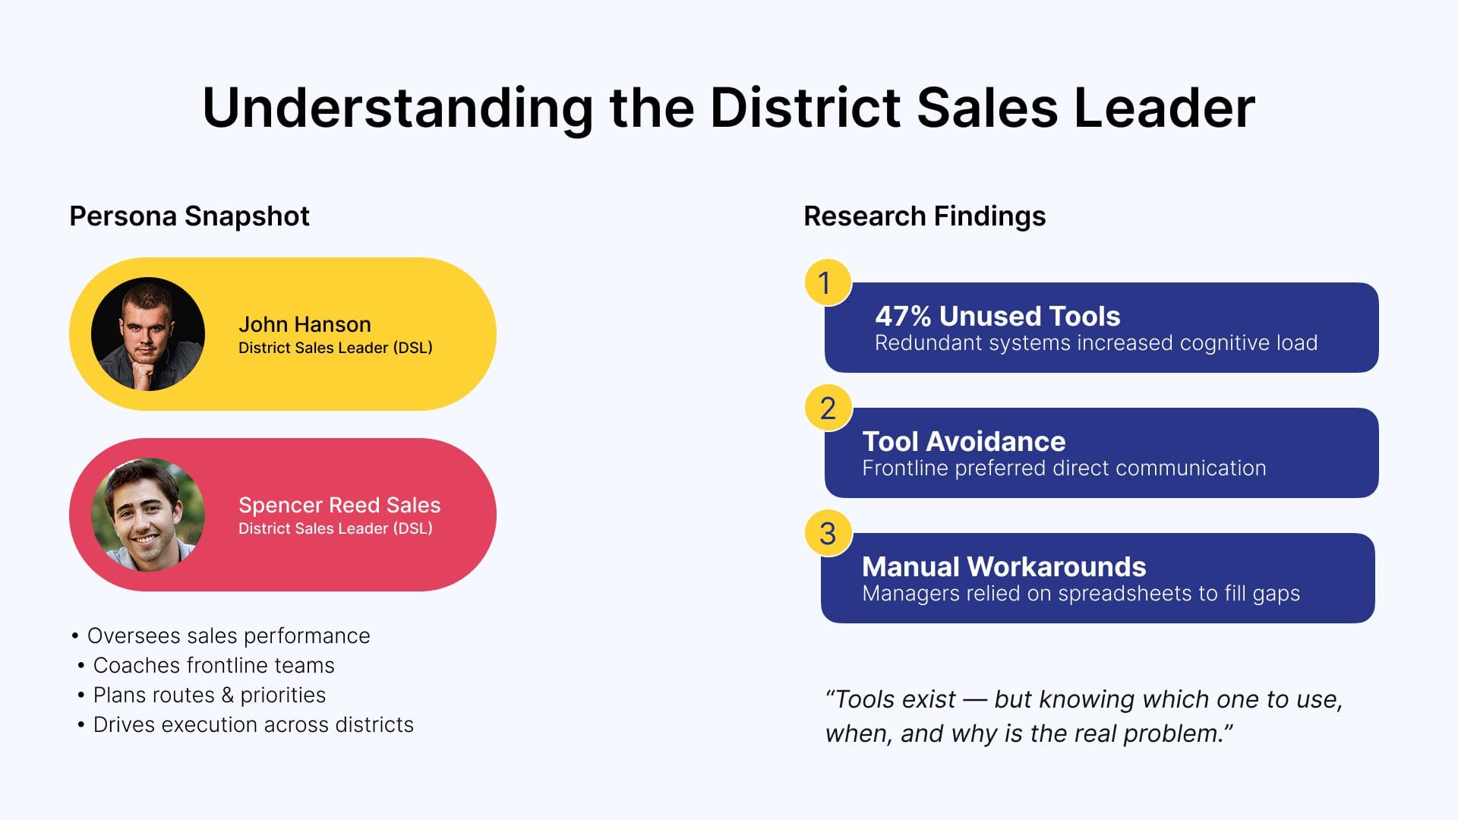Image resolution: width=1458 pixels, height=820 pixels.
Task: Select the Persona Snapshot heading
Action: (x=189, y=216)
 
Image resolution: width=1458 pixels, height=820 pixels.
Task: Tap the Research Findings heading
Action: (x=925, y=216)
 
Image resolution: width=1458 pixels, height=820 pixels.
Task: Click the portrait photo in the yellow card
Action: (x=148, y=334)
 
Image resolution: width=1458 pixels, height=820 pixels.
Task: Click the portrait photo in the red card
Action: (x=148, y=514)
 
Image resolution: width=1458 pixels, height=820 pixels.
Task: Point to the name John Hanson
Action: (x=305, y=324)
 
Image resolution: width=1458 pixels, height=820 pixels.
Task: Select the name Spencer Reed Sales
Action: (x=339, y=505)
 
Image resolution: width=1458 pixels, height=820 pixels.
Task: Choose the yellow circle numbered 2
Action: (x=828, y=408)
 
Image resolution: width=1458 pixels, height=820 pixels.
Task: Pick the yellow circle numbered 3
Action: (x=828, y=533)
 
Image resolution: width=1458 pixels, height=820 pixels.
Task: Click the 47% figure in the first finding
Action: (x=903, y=316)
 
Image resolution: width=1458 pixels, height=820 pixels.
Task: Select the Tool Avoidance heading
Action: (x=964, y=441)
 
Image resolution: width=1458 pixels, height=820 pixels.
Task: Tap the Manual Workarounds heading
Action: (x=1004, y=566)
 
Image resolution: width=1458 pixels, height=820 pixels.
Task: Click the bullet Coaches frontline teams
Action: (x=206, y=665)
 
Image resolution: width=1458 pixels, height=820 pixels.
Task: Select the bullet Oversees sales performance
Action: (x=220, y=635)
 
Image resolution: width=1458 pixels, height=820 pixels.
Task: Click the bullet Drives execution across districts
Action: (x=245, y=724)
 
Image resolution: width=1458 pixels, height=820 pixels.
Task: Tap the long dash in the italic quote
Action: (x=975, y=700)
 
